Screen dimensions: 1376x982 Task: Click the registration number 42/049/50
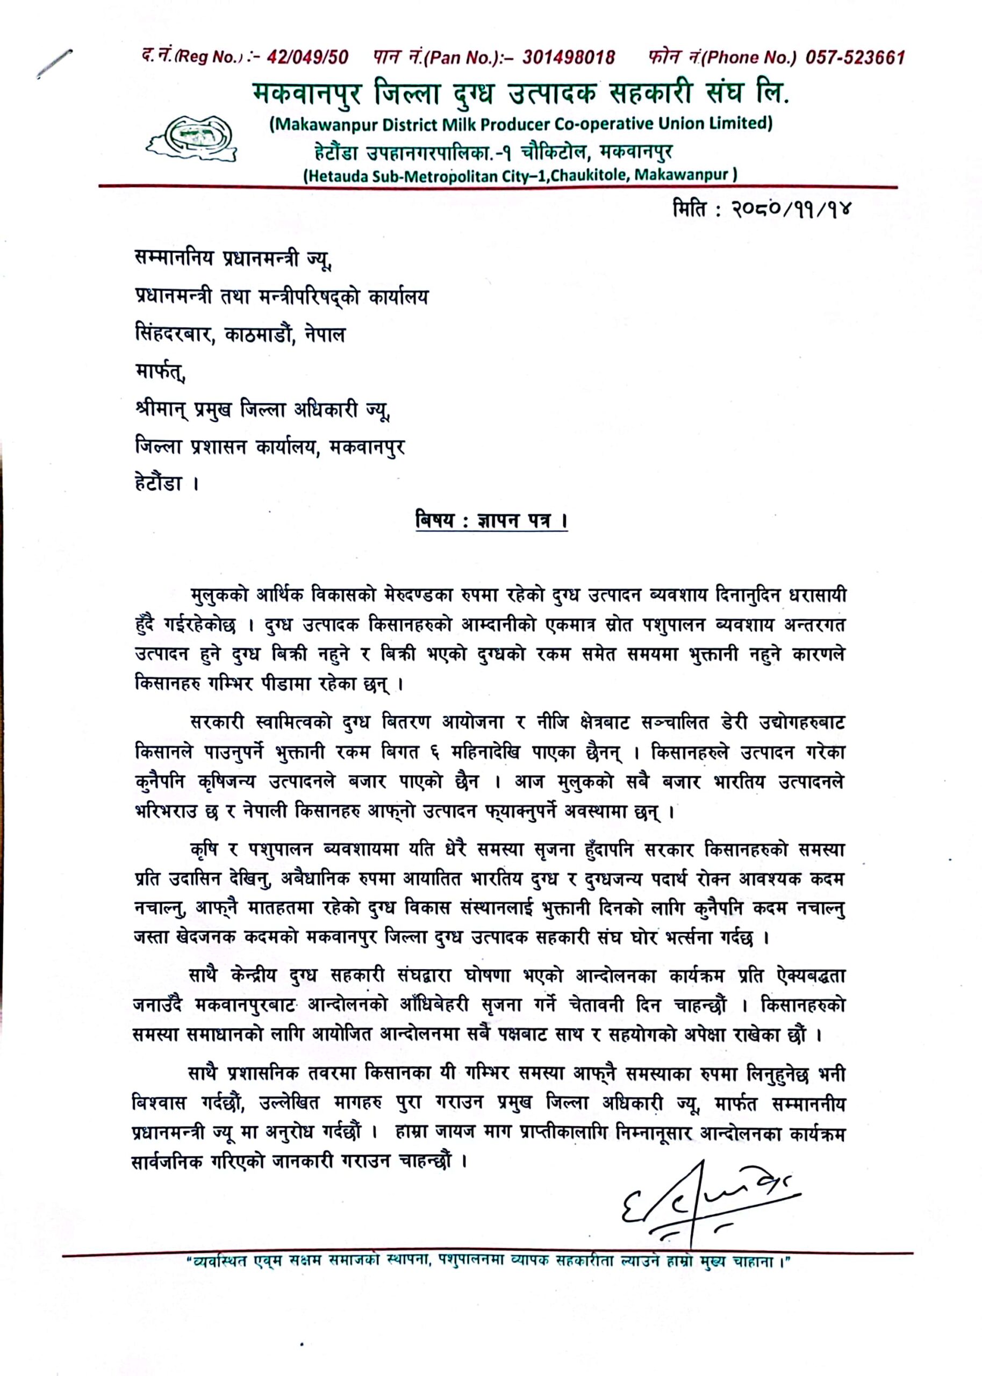coord(307,58)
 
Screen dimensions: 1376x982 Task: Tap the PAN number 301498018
coord(569,58)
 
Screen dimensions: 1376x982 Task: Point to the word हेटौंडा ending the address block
coord(159,484)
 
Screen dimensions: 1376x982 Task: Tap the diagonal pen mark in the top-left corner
coord(54,63)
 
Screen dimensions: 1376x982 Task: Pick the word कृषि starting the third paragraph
coord(204,851)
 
